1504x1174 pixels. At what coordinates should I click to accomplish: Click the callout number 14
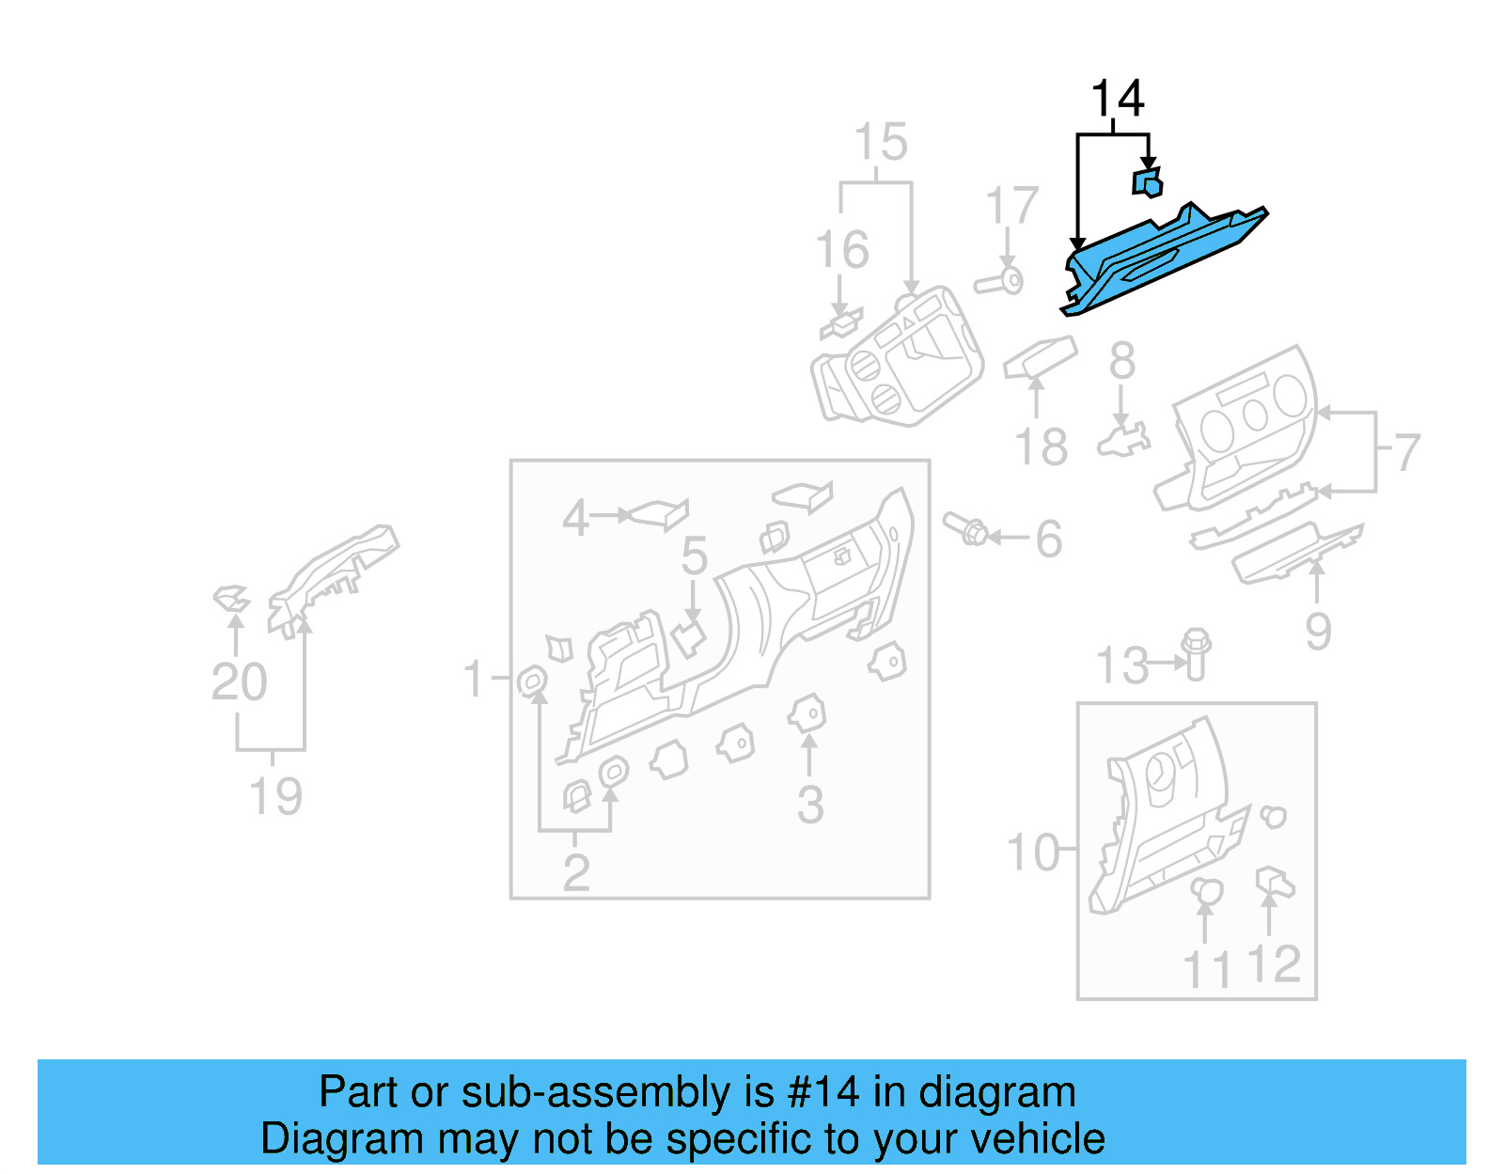coord(1117,99)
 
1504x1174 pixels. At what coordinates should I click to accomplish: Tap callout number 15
coord(881,143)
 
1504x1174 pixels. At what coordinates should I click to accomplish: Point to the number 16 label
coord(842,250)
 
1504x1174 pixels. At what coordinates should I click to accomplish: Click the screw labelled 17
coord(1000,281)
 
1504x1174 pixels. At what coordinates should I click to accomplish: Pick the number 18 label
coord(1041,447)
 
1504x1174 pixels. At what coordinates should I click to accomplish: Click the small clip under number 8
coord(1123,439)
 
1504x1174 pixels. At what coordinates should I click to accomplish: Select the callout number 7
coord(1405,453)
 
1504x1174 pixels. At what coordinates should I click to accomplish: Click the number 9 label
coord(1318,631)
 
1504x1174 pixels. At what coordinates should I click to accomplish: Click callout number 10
coord(1032,853)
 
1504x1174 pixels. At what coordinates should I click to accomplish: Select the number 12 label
coord(1274,964)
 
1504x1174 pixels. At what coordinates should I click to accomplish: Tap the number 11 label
coord(1206,970)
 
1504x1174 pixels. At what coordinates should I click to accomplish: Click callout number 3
coord(810,806)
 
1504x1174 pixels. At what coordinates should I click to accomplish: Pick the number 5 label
coord(694,556)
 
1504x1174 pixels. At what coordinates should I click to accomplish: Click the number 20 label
coord(239,682)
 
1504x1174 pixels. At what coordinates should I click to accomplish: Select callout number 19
coord(275,797)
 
